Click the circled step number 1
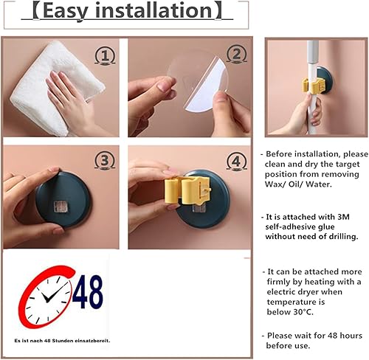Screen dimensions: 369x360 [105, 56]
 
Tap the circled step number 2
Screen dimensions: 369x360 [236, 55]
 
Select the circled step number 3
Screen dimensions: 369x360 [105, 160]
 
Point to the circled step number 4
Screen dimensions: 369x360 [236, 162]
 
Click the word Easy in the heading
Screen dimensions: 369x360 [66, 11]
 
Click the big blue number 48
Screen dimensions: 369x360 [88, 291]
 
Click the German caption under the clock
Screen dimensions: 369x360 [62, 341]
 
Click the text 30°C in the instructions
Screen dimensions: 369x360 [303, 312]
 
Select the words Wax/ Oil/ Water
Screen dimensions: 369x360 [298, 184]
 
